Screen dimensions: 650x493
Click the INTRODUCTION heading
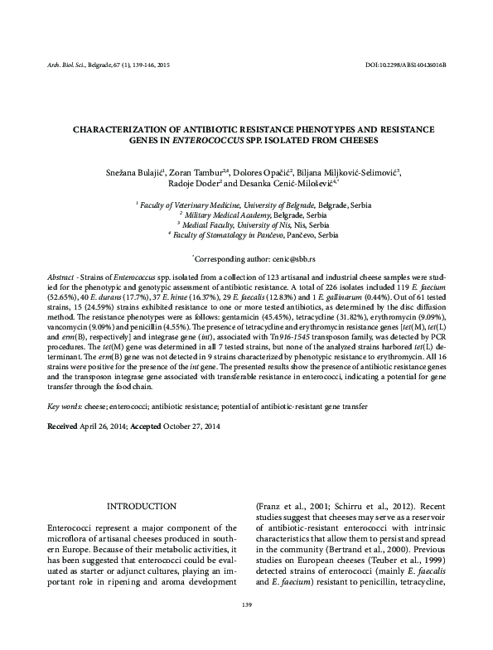click(138, 506)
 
